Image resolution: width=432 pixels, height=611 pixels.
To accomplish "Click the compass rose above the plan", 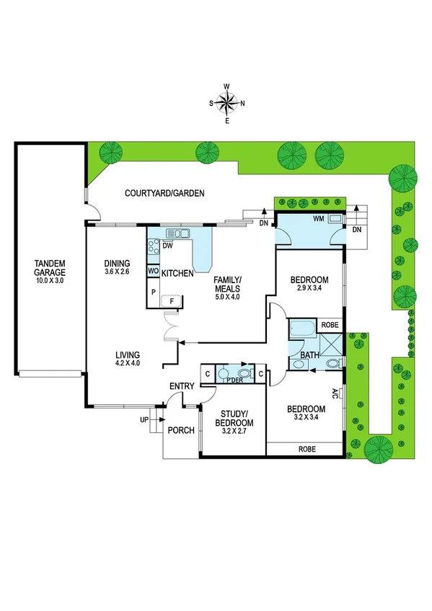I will [227, 103].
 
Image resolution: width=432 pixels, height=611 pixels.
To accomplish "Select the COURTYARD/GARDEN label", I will [164, 193].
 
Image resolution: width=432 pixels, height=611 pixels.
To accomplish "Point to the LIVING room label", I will [126, 355].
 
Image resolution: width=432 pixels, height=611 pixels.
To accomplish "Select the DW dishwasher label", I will [167, 246].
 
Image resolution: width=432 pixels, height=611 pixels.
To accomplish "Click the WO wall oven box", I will [153, 271].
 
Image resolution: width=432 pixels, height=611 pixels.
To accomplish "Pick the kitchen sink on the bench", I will [177, 233].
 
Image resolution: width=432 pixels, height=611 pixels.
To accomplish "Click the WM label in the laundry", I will [318, 218].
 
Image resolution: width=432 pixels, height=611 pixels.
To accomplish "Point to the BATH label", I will [310, 355].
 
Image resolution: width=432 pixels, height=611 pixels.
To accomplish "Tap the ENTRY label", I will [182, 387].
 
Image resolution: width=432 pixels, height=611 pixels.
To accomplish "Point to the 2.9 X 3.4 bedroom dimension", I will [309, 289].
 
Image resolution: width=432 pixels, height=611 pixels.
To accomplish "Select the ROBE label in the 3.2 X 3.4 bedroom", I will [304, 448].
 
